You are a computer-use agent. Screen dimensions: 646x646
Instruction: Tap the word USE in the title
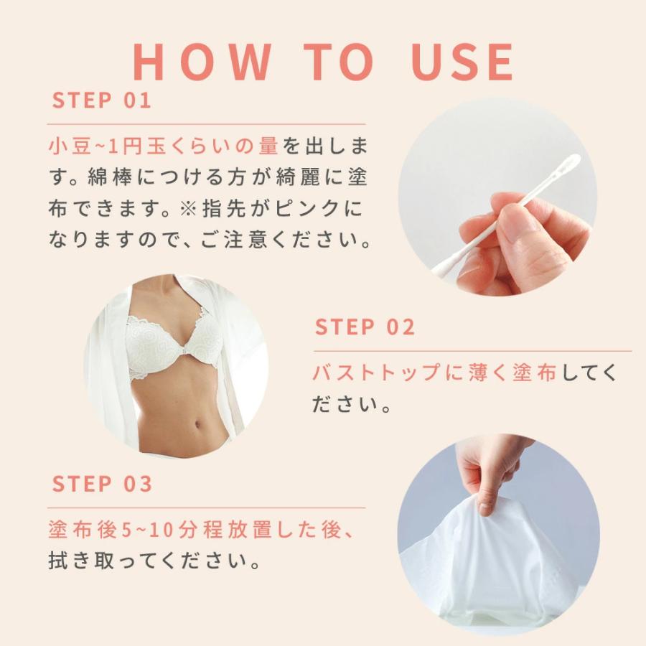pos(456,62)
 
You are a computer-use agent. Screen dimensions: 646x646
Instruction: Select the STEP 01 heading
pos(102,100)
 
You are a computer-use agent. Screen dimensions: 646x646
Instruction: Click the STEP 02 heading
pos(365,327)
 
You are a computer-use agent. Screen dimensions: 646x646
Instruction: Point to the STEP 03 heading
pos(102,484)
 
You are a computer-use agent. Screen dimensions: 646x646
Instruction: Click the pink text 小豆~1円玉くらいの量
pos(163,146)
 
